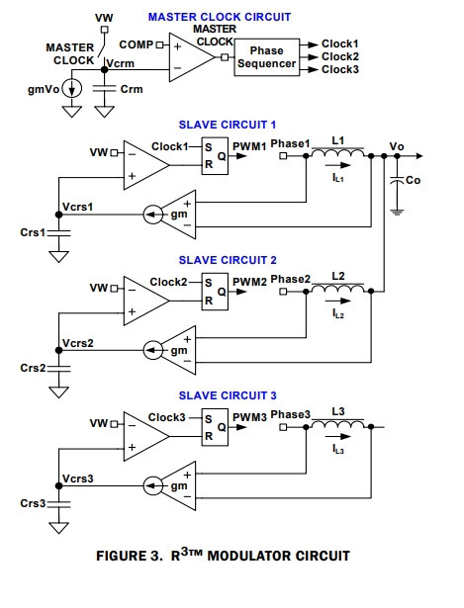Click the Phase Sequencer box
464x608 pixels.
pos(266,57)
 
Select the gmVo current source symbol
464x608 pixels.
pos(72,89)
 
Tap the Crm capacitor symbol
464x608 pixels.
pos(104,89)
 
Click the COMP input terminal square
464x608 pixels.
pos(159,44)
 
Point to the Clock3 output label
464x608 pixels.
pos(340,69)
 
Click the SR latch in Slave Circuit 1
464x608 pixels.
pos(215,156)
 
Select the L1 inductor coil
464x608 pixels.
pos(338,152)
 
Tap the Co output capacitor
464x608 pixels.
pos(397,180)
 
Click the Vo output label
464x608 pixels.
pos(397,146)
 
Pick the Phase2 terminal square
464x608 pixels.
pos(283,292)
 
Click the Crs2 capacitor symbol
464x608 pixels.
pos(59,368)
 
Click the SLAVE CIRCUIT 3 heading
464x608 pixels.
pos(228,395)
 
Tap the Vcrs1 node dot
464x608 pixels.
pos(59,215)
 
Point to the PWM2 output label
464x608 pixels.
pos(249,282)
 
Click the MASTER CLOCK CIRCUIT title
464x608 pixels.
pos(220,17)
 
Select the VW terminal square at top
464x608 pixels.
pos(104,30)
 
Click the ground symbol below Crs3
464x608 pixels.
pos(59,528)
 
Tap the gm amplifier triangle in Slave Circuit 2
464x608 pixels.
pos(178,350)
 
